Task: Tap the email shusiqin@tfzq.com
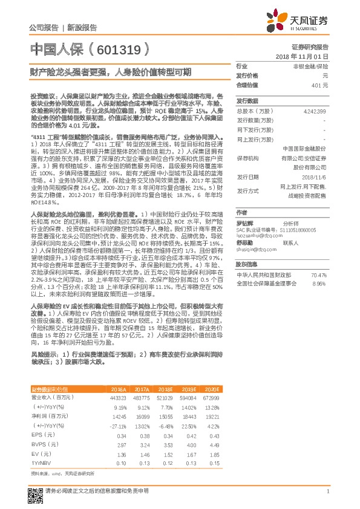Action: click(x=252, y=248)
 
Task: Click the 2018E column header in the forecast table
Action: click(x=165, y=389)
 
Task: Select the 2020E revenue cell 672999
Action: click(x=209, y=398)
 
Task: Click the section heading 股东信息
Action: click(x=247, y=264)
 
